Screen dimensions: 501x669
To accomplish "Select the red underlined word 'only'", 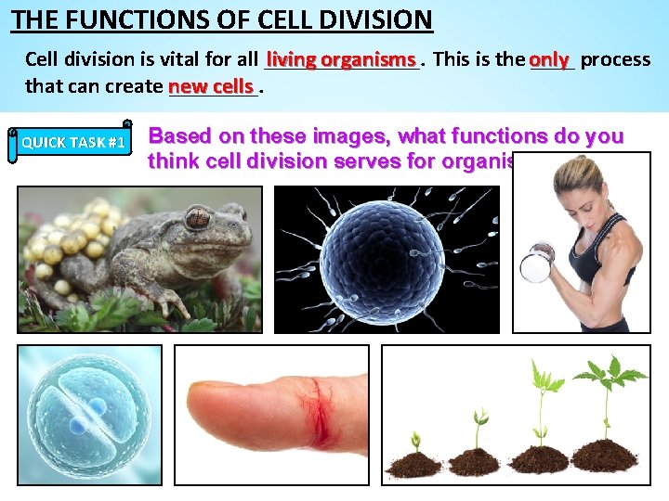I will click(x=549, y=59).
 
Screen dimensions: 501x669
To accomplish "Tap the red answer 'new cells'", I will click(x=211, y=86).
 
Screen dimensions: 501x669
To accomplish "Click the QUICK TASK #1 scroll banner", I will click(x=72, y=142).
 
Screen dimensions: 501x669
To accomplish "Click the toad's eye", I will click(x=197, y=219).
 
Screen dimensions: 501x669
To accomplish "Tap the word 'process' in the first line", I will click(x=615, y=59).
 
